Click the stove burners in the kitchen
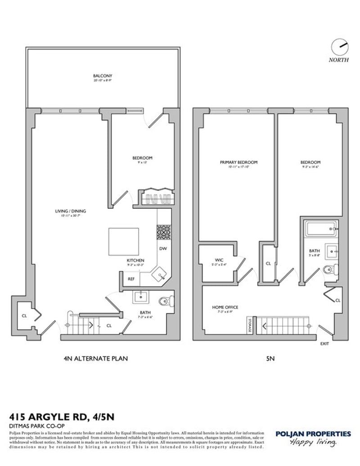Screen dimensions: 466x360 (162, 231)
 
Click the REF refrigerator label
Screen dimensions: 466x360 (131, 279)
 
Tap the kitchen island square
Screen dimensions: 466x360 (123, 241)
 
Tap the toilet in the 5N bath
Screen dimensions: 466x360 (329, 270)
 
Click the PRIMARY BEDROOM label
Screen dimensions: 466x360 (238, 162)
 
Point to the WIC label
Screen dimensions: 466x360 (219, 260)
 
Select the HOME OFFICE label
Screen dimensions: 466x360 (225, 307)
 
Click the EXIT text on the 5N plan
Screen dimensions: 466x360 (324, 344)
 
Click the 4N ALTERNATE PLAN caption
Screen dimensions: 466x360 (96, 359)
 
